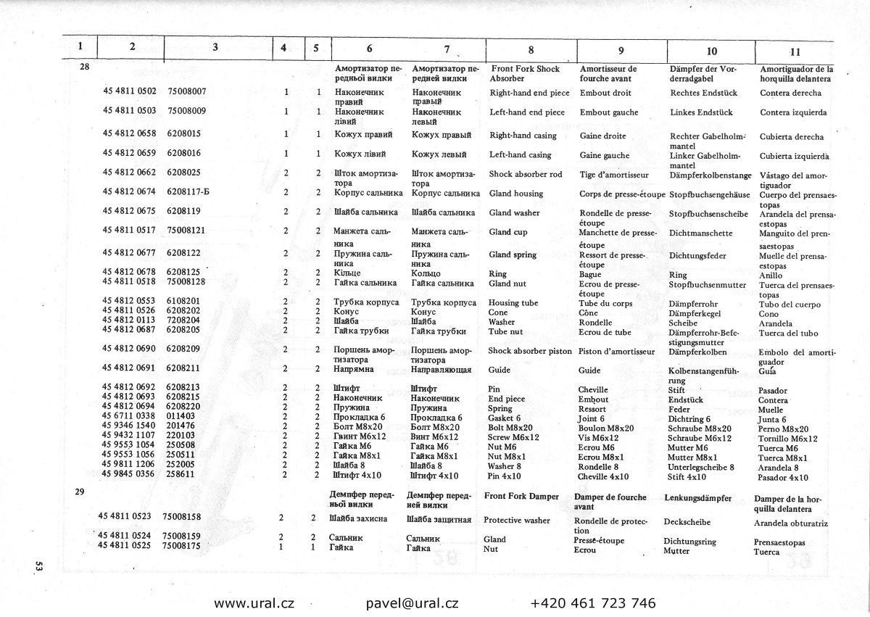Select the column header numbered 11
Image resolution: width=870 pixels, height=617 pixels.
click(x=795, y=51)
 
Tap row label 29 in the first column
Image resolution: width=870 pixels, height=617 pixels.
click(x=80, y=492)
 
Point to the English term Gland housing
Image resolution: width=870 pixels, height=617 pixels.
click(x=515, y=194)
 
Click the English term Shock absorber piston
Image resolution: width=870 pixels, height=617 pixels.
click(x=530, y=351)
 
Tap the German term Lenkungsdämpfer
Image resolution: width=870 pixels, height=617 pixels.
click(x=697, y=497)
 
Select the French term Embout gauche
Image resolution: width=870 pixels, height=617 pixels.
click(x=609, y=112)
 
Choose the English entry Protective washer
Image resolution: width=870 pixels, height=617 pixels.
click(x=516, y=520)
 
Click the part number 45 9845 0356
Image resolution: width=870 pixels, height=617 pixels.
click(x=130, y=474)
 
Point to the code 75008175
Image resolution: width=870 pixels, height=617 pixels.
click(x=182, y=545)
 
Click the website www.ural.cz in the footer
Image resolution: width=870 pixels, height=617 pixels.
click(x=254, y=602)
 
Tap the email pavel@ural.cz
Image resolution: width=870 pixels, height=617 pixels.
click(x=412, y=602)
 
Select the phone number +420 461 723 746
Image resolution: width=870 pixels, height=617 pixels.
click(x=593, y=602)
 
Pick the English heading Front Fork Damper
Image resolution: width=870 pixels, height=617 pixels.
click(x=521, y=497)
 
